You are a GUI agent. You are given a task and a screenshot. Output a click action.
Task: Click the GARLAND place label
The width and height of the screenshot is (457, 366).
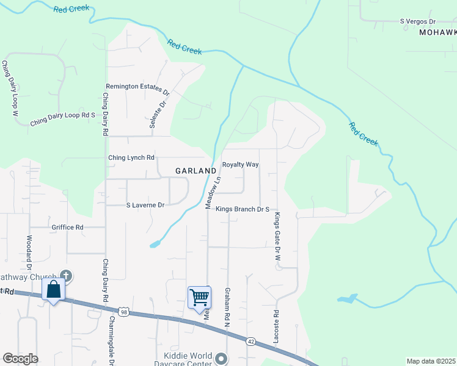196,171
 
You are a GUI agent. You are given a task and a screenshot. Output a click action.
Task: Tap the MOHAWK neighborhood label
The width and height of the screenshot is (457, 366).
438,33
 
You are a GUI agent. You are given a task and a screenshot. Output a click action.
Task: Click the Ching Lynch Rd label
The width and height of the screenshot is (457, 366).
131,158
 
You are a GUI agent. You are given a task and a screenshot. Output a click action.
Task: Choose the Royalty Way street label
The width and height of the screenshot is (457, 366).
240,165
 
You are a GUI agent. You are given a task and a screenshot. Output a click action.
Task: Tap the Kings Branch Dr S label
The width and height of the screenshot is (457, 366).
243,209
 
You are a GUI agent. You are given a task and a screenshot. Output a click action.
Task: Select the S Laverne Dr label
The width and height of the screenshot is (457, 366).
145,205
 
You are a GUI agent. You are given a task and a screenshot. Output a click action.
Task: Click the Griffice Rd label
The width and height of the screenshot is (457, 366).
67,228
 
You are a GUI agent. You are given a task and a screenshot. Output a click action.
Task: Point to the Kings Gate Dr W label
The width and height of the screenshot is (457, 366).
277,237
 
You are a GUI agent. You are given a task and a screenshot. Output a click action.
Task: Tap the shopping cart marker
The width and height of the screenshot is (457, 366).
200,298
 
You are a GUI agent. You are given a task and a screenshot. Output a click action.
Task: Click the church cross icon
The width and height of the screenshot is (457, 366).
67,276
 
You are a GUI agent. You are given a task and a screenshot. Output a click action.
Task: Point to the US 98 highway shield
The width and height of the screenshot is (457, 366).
123,311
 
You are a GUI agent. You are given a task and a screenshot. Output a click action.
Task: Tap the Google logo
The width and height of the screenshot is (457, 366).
20,359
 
